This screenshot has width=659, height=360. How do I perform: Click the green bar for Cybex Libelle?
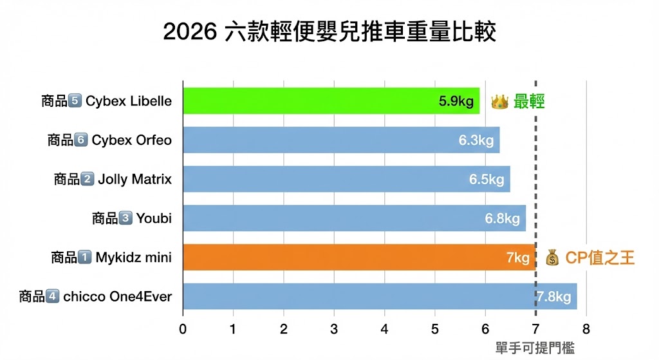coord(309,101)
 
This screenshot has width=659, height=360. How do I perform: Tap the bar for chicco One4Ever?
coord(360,297)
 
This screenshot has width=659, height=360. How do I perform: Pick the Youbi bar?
coord(335,218)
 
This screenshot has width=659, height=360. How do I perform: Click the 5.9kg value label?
coord(456,101)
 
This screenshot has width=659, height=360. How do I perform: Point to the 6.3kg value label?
coord(476,140)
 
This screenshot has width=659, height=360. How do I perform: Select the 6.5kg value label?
coord(487,180)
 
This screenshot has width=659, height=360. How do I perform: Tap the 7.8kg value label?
coord(554,297)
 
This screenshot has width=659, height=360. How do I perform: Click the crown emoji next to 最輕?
coord(500,102)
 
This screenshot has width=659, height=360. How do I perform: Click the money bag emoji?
coord(552,258)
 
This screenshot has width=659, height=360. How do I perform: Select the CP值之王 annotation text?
coord(600,258)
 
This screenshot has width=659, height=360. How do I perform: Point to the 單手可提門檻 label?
coord(535,348)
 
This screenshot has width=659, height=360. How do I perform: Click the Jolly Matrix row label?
coord(135,180)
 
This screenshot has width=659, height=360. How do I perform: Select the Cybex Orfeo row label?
coord(131,140)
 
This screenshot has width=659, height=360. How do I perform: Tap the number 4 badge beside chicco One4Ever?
coord(53,297)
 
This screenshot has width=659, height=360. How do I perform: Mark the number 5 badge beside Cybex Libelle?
coord(75,101)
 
